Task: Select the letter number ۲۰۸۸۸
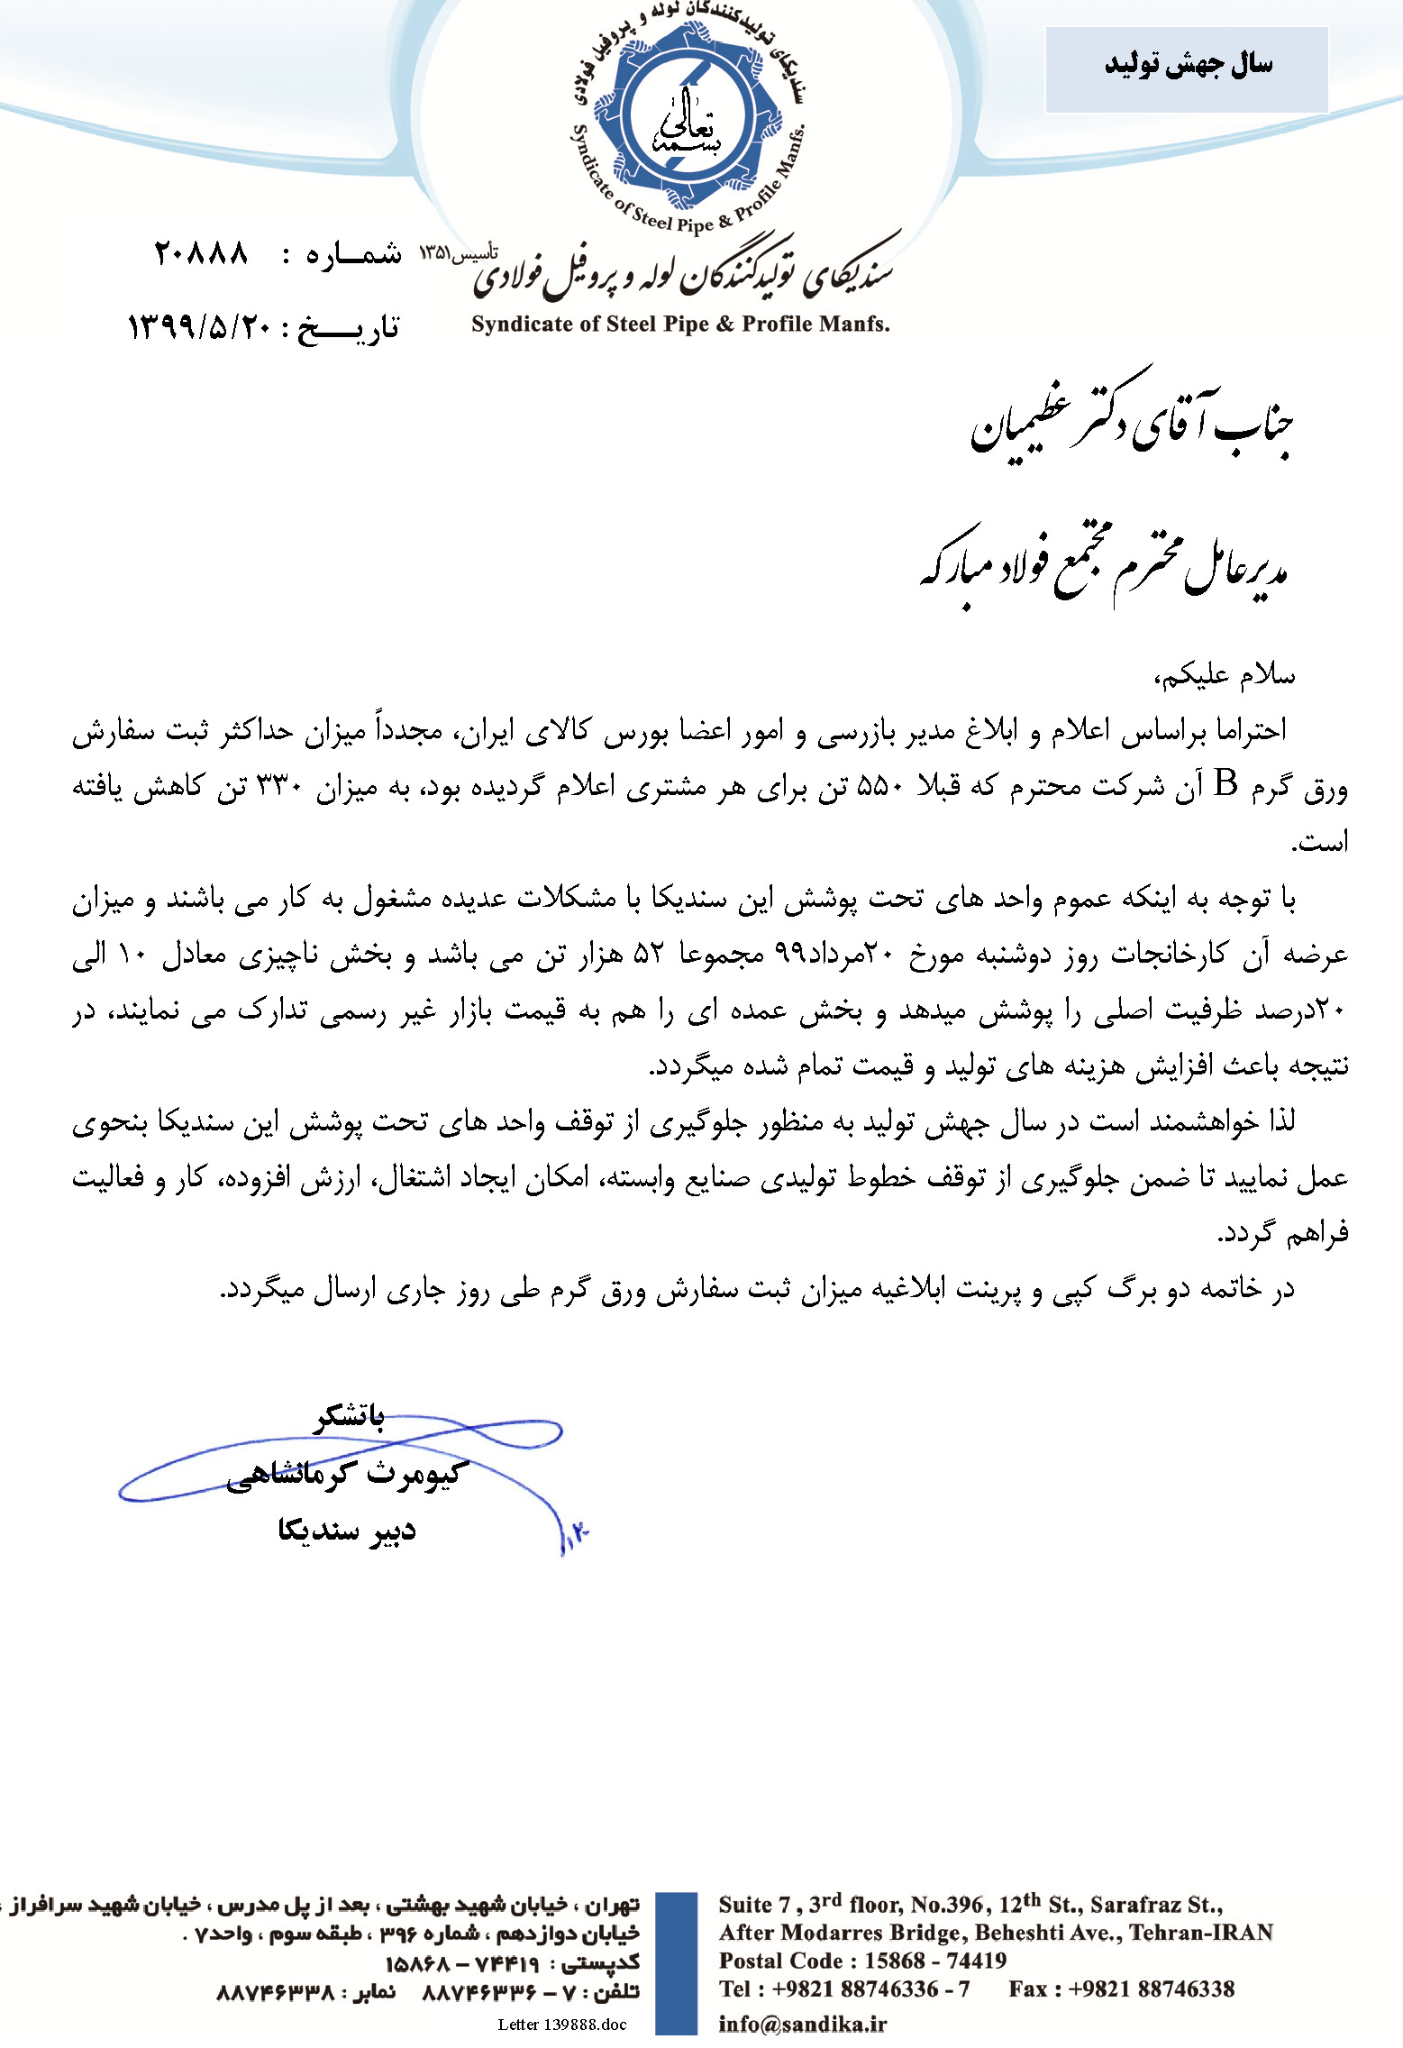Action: [201, 253]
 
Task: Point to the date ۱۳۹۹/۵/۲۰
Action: [199, 326]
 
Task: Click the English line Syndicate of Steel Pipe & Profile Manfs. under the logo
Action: [680, 325]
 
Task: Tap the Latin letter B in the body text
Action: [1225, 785]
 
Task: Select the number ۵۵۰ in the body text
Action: [881, 787]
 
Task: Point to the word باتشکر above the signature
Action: [350, 1418]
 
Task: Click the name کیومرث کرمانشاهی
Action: [343, 1475]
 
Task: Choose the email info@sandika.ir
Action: [802, 2024]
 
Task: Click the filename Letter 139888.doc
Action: [561, 2025]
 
